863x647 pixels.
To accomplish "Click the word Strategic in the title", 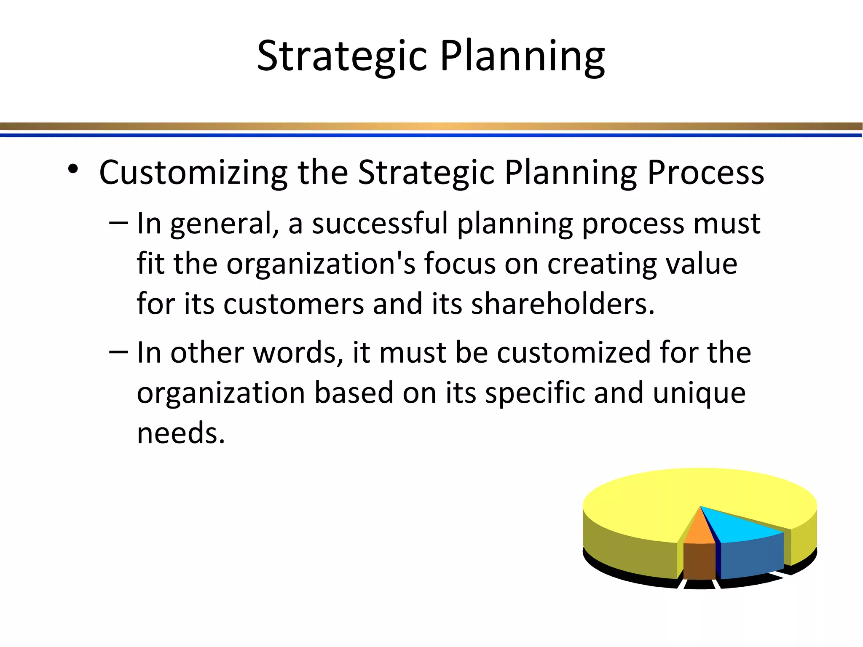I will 342,56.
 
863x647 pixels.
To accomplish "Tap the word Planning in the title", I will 522,56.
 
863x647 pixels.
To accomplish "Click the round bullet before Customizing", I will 73,169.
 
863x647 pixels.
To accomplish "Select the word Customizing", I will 193,173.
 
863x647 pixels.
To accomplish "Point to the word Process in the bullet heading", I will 705,173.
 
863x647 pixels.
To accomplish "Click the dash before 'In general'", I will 118,222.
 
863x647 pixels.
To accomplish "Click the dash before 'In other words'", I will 118,351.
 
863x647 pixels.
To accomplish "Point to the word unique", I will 699,393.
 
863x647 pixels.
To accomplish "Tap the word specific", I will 534,393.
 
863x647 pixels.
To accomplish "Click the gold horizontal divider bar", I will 431,126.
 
